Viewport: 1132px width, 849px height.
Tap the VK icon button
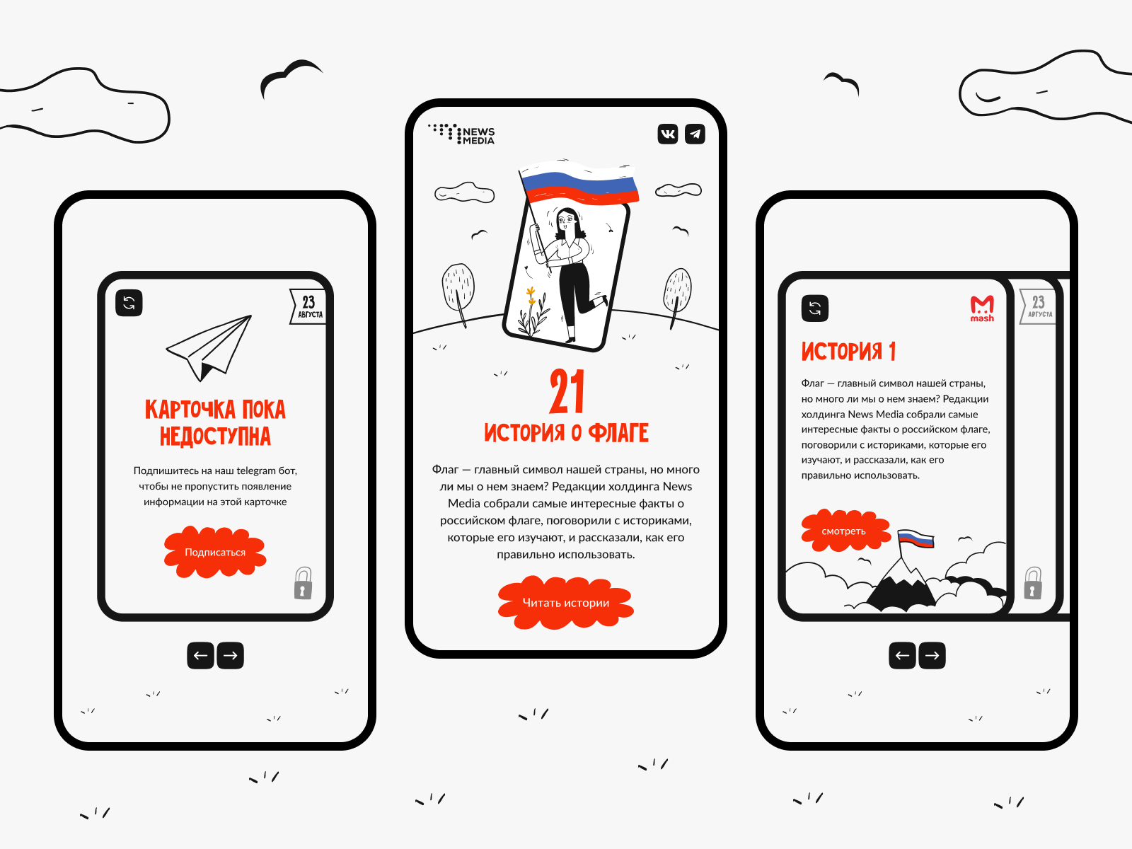[x=667, y=134]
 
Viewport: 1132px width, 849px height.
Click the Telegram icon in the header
[x=695, y=134]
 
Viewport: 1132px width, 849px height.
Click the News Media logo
[x=461, y=134]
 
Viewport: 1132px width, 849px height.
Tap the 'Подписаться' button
[x=215, y=552]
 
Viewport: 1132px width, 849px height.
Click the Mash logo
[x=982, y=308]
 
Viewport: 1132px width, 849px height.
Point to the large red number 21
[x=566, y=391]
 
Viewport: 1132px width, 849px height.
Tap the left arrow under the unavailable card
[x=201, y=655]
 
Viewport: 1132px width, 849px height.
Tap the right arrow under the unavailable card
[x=230, y=655]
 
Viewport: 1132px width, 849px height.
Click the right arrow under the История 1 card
[x=932, y=655]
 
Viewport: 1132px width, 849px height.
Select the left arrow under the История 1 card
[x=903, y=655]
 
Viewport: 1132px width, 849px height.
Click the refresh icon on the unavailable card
[x=129, y=303]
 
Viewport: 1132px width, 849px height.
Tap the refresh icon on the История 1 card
[x=815, y=308]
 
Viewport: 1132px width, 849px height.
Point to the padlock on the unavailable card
[x=304, y=583]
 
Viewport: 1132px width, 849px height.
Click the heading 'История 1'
[x=848, y=351]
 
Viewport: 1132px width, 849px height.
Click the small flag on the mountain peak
[x=916, y=538]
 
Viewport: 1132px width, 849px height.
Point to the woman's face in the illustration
[x=566, y=221]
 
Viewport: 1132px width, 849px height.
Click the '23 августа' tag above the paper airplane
[x=308, y=307]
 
